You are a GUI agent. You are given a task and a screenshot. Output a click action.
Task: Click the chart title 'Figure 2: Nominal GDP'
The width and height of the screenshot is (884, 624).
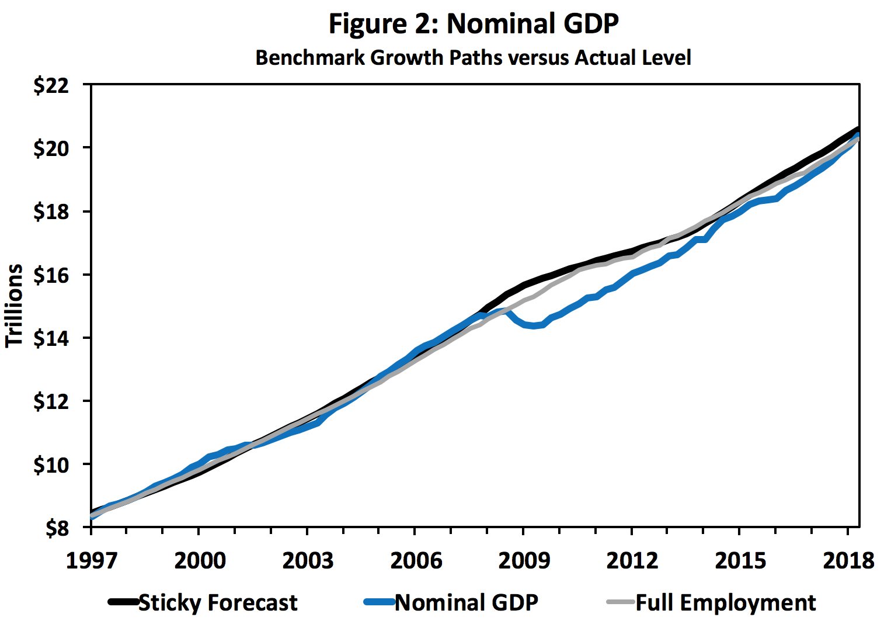tap(474, 24)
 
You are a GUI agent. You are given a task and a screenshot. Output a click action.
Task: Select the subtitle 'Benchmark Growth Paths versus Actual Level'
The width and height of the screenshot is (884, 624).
tap(474, 58)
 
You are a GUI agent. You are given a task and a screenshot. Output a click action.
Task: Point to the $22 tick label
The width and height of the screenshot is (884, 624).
tap(51, 86)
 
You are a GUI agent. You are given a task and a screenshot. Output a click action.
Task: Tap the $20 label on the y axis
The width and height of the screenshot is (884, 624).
tap(51, 148)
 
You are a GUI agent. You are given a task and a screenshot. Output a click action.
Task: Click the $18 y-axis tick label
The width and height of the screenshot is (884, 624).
tap(51, 212)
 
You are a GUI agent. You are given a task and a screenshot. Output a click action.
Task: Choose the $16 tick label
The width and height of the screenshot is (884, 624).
tap(51, 275)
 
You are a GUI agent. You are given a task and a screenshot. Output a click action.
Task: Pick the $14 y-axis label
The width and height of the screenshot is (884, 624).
tap(51, 338)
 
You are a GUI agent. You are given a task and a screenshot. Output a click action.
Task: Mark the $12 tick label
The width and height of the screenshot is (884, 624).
tap(51, 401)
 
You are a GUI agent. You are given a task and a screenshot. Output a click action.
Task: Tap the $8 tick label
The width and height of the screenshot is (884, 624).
tap(57, 528)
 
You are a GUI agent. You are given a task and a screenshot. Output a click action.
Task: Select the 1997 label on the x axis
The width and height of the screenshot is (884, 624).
tap(92, 560)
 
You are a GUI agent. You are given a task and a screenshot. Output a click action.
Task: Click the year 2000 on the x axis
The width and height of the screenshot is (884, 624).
tap(200, 560)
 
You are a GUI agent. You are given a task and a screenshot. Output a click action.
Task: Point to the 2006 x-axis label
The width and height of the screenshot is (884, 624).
tap(416, 560)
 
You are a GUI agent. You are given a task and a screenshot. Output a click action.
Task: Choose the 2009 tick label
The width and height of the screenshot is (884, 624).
tap(524, 560)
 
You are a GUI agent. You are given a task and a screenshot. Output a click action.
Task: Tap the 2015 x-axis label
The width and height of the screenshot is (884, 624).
tap(740, 560)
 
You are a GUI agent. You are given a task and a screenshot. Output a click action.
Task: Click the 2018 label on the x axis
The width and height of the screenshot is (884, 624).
tap(848, 560)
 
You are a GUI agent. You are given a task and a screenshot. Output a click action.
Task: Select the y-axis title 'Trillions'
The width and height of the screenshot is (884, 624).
tap(14, 306)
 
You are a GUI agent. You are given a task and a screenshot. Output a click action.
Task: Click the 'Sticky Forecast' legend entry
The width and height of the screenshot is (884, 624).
tap(217, 602)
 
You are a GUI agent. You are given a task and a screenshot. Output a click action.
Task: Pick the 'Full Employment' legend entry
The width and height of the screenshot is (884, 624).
tap(725, 602)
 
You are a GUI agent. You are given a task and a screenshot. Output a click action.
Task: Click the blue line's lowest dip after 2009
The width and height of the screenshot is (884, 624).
tap(534, 326)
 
